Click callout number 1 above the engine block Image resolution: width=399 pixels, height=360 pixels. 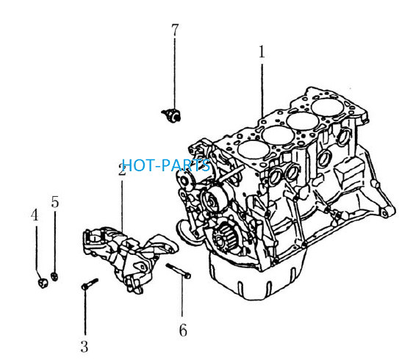262,51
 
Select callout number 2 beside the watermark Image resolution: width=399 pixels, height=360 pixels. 122,169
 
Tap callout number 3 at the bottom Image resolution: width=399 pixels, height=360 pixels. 85,347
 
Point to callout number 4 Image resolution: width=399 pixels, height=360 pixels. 35,215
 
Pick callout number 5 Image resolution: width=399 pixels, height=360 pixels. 55,202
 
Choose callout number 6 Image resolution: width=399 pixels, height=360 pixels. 183,331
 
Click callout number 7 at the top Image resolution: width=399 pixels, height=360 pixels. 175,30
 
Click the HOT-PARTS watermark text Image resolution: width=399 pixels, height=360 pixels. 166,165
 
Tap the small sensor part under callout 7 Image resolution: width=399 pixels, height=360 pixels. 171,115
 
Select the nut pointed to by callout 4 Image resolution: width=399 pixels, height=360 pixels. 43,283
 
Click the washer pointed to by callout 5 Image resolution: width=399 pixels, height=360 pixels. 54,276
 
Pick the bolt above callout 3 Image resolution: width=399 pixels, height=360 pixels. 90,284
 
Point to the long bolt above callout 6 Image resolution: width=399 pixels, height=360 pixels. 178,270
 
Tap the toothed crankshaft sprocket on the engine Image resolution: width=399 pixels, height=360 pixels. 223,237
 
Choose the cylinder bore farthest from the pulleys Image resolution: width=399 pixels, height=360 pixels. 328,107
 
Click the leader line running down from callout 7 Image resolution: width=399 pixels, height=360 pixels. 175,73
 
